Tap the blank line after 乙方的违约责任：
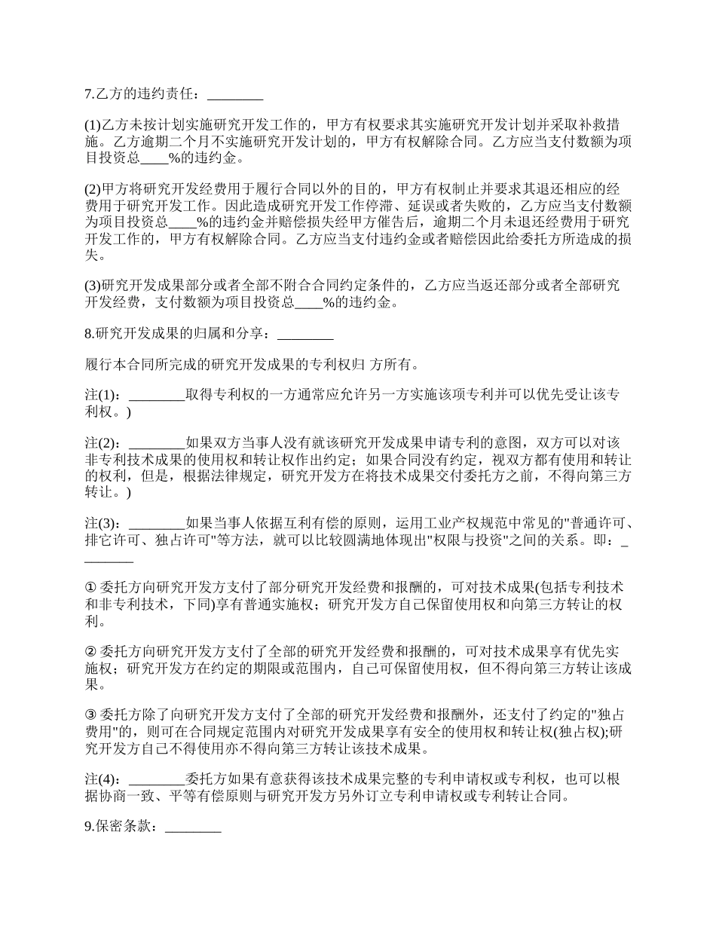point(234,96)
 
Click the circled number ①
point(90,587)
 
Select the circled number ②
point(90,651)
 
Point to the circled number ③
point(90,715)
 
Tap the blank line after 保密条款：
point(193,827)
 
